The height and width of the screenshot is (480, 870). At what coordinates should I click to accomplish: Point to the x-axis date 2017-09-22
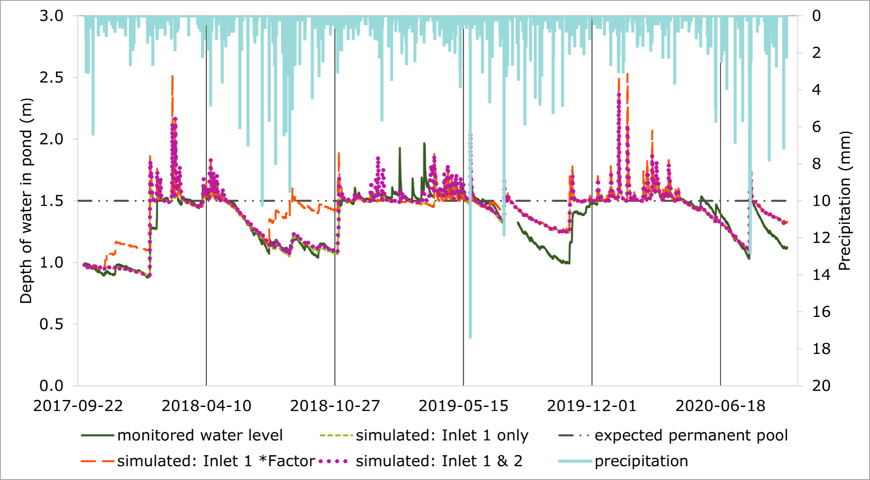[x=78, y=406]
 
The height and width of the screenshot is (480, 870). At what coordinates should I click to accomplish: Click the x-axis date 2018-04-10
[x=206, y=406]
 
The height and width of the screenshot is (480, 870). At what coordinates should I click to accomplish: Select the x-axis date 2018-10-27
[x=335, y=406]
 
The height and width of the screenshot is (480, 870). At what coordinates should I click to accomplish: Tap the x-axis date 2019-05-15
[x=463, y=406]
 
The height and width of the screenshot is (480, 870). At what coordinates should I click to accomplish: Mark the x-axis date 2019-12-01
[x=591, y=406]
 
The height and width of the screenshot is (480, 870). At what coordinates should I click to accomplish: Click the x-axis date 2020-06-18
[x=720, y=406]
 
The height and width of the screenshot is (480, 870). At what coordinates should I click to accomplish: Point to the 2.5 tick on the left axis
[x=51, y=78]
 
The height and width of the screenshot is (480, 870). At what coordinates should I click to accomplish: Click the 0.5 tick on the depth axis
[x=51, y=324]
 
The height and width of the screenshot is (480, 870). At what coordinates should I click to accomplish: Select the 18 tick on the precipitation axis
[x=821, y=349]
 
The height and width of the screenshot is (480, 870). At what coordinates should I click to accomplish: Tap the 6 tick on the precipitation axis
[x=817, y=127]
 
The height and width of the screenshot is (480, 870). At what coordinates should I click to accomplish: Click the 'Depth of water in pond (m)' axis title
[x=26, y=201]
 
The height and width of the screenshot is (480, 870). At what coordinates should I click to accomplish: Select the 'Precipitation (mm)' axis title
[x=844, y=201]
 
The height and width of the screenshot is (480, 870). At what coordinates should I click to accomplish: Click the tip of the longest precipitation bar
[x=470, y=337]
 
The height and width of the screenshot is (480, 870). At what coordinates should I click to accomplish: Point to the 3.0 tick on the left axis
[x=51, y=16]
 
